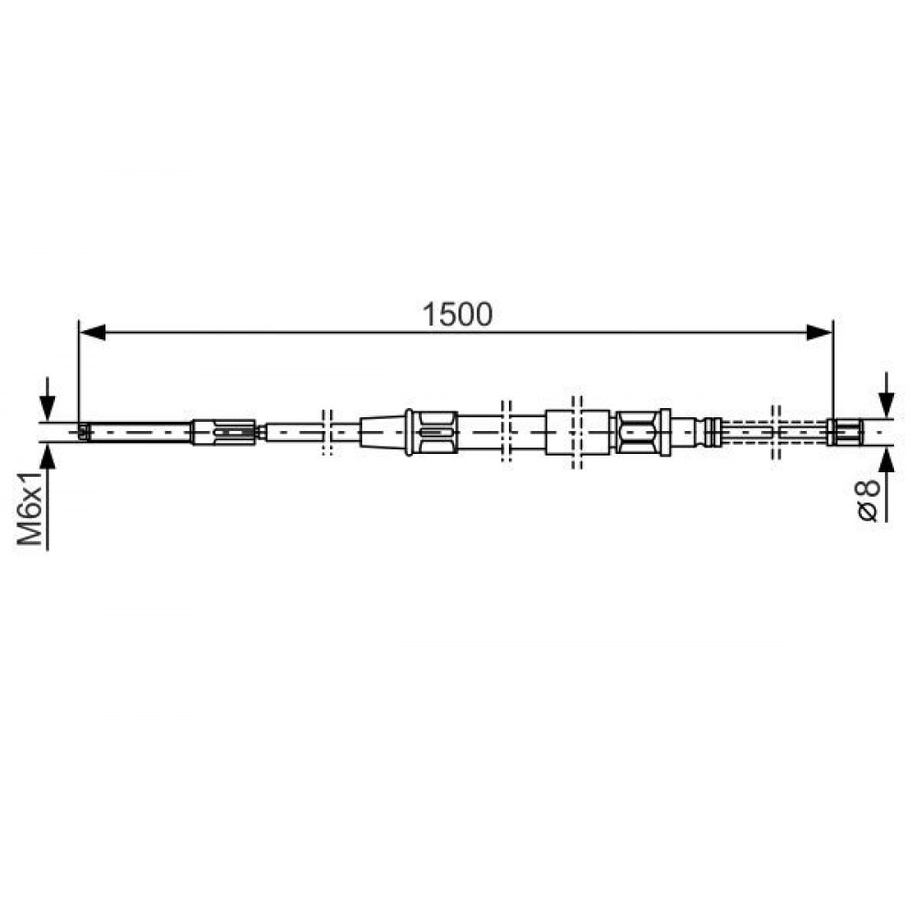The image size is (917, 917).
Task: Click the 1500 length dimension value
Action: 458,315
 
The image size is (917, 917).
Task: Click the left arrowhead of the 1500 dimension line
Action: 93,333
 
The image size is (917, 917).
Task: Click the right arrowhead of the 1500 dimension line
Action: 819,333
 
